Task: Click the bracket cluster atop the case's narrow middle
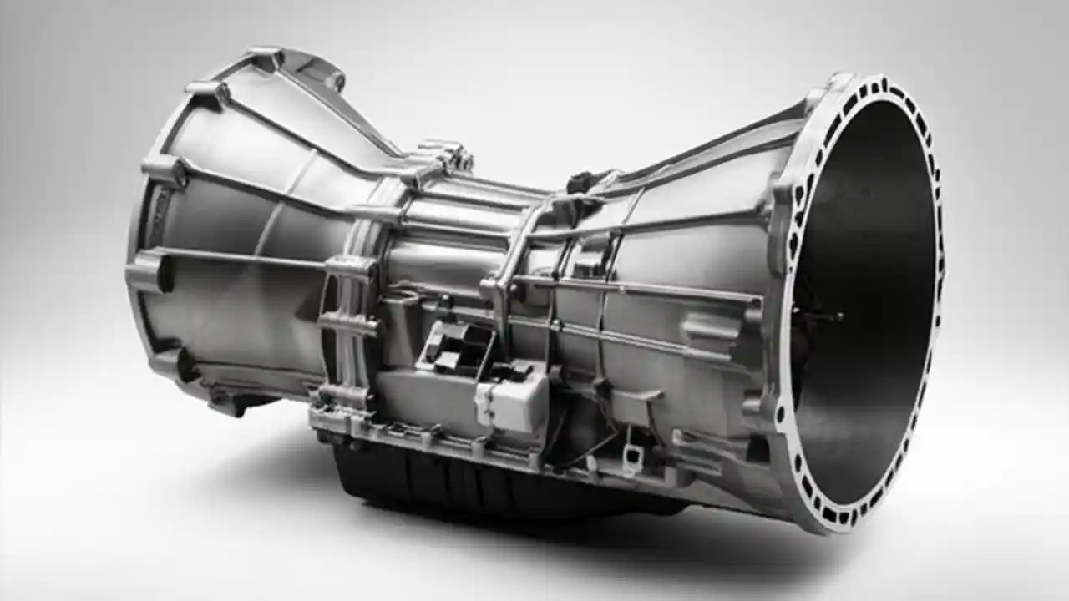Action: [443, 159]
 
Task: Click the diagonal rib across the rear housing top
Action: [301, 109]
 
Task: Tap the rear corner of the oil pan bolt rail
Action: [322, 417]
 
